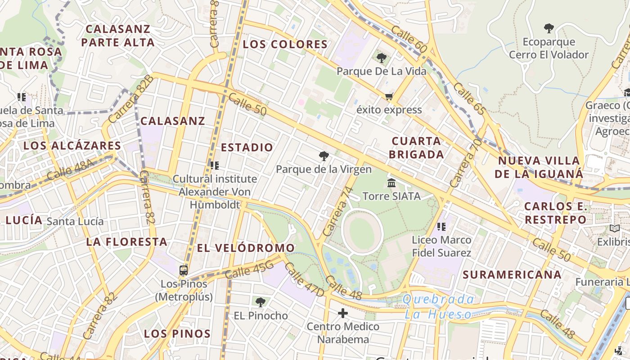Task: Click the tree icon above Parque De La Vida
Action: pyautogui.click(x=382, y=58)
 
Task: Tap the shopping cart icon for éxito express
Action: pyautogui.click(x=389, y=96)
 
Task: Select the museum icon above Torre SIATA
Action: pyautogui.click(x=391, y=183)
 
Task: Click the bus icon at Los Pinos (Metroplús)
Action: pyautogui.click(x=184, y=270)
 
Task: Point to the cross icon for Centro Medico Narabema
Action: pyautogui.click(x=343, y=313)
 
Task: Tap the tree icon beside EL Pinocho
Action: pyautogui.click(x=260, y=302)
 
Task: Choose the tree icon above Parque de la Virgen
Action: pyautogui.click(x=324, y=156)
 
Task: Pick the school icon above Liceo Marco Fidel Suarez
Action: pyautogui.click(x=441, y=226)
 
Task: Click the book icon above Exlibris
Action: pyautogui.click(x=615, y=229)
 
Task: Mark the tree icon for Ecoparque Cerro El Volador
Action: pyautogui.click(x=549, y=28)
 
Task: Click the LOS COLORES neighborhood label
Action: pyautogui.click(x=285, y=44)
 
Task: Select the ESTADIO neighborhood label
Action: pyautogui.click(x=247, y=147)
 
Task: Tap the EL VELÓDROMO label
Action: pyautogui.click(x=246, y=248)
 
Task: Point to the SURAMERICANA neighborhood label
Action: pyautogui.click(x=512, y=274)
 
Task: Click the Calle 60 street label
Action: pyautogui.click(x=409, y=39)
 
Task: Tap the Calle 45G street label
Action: pyautogui.click(x=249, y=269)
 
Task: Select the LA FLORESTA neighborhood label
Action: pyautogui.click(x=127, y=242)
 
